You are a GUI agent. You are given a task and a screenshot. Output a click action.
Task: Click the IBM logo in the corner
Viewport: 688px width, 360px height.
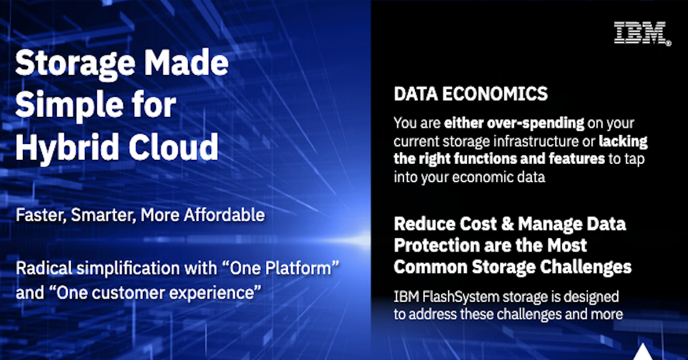(642, 33)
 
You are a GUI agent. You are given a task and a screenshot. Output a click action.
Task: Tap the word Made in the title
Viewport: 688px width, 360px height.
(186, 62)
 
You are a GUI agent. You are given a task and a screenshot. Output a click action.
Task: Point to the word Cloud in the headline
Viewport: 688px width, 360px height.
(174, 147)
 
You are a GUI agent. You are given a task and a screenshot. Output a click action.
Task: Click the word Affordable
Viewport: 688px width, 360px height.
(224, 215)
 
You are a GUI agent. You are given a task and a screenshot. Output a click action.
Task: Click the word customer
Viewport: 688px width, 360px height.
(128, 293)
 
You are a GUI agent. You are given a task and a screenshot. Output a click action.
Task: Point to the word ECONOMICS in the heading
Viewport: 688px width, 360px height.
(495, 93)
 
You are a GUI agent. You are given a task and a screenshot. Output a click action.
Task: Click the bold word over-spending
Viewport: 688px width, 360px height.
(536, 123)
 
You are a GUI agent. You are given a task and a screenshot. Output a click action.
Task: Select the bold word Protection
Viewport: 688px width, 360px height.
(436, 245)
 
